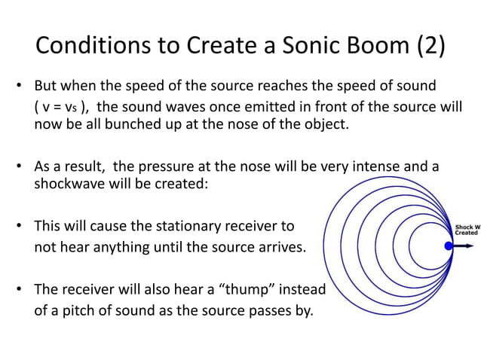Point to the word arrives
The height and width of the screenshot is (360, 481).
281,249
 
